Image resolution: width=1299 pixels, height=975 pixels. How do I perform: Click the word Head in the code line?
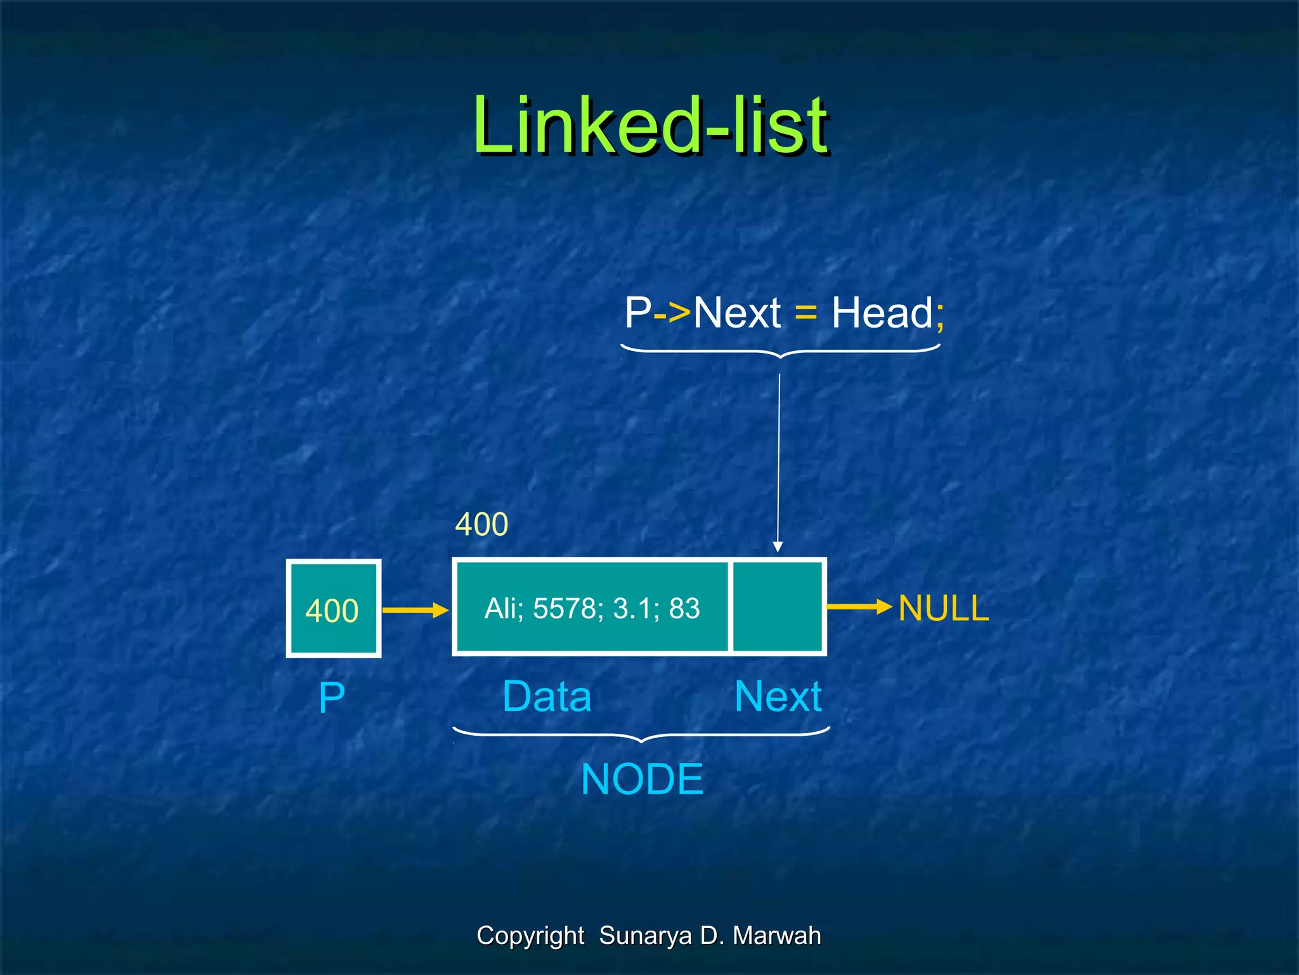click(x=882, y=313)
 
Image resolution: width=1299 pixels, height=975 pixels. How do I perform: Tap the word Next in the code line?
click(x=737, y=313)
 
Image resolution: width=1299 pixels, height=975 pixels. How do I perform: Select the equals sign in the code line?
click(x=806, y=314)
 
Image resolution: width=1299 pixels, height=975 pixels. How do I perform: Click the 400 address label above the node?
click(x=482, y=524)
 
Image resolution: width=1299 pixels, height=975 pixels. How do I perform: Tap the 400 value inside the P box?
click(x=332, y=611)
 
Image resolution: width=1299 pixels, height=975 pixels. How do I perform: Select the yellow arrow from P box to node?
click(x=415, y=611)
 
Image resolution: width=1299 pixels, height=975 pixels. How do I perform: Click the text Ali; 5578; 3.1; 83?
click(x=592, y=608)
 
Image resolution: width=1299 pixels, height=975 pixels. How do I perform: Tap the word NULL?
click(x=943, y=608)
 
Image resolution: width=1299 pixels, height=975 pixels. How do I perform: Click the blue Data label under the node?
click(x=547, y=697)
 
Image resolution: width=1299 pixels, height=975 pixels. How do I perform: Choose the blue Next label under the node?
click(x=778, y=697)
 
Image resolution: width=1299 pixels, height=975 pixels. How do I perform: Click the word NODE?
click(x=642, y=779)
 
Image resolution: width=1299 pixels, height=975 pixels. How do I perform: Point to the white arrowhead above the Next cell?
click(x=778, y=547)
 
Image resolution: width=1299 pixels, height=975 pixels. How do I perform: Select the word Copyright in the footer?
click(x=530, y=936)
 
